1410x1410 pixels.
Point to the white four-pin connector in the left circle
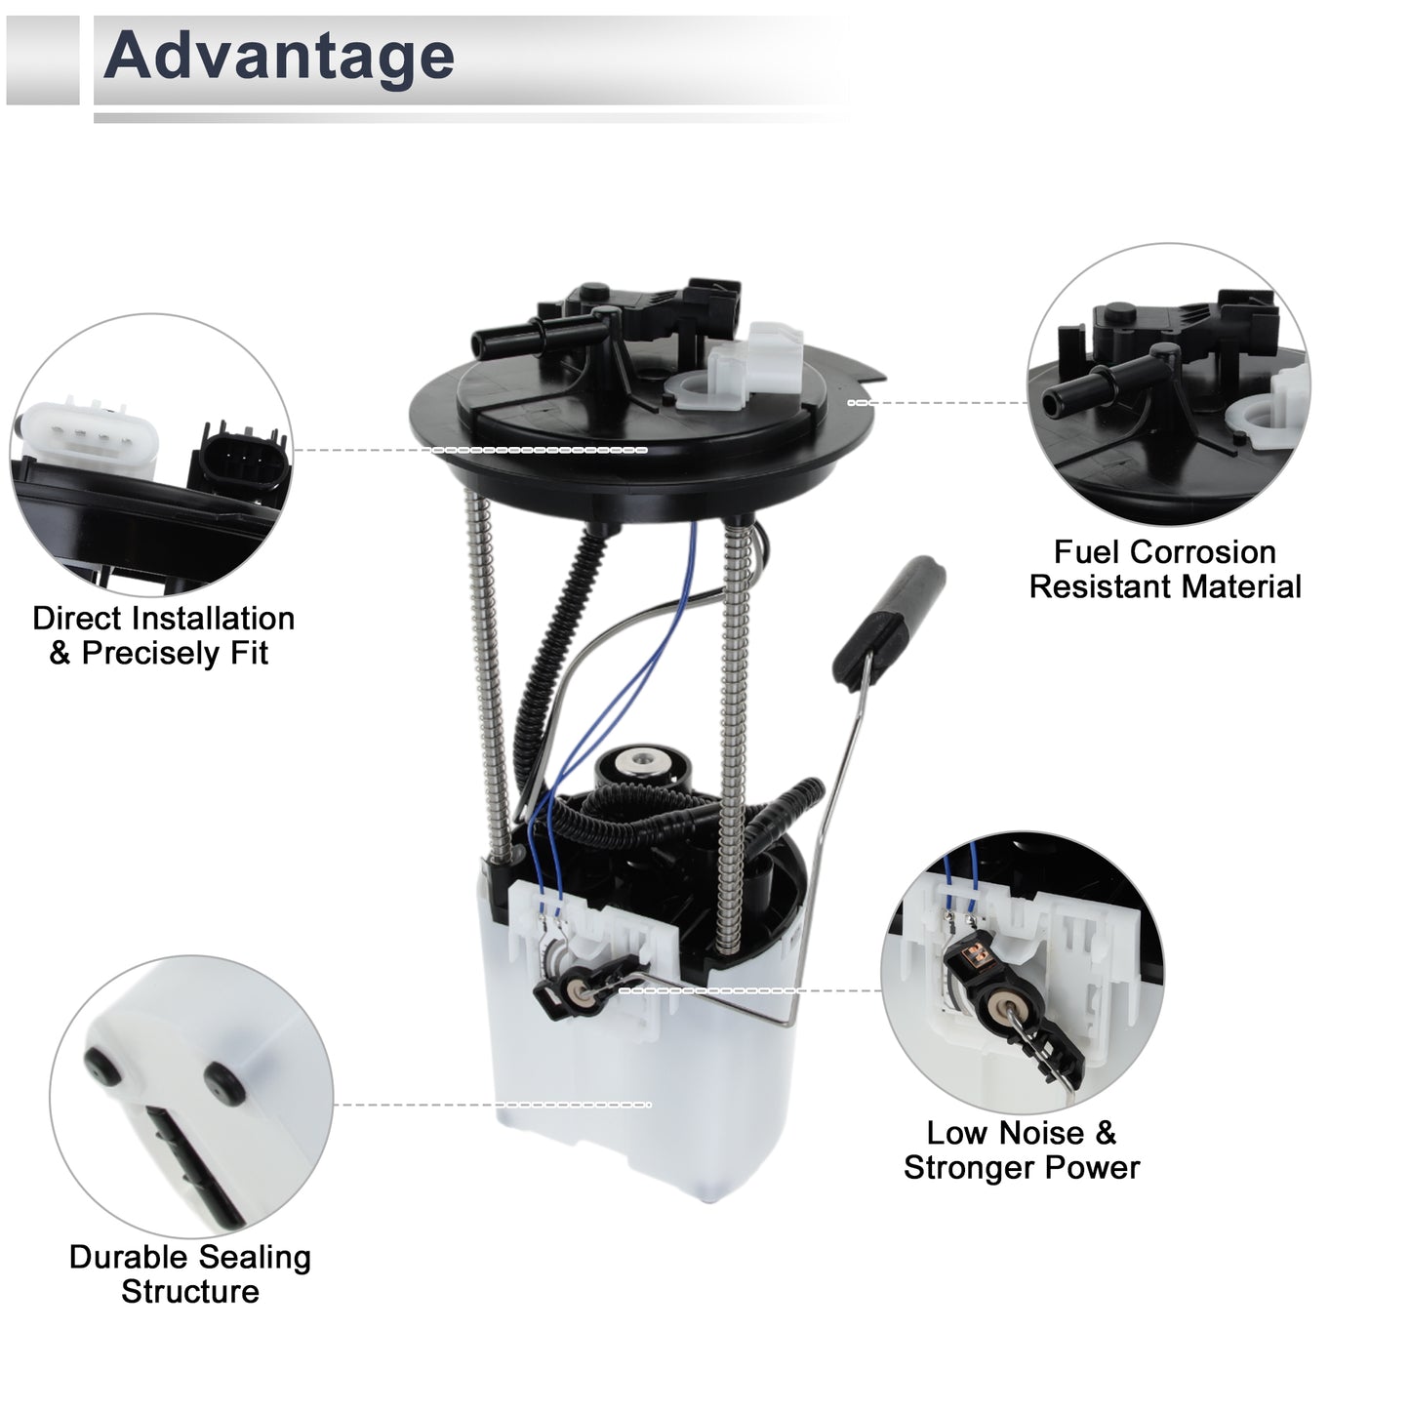pos(89,434)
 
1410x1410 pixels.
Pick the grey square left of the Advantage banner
pos(42,60)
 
